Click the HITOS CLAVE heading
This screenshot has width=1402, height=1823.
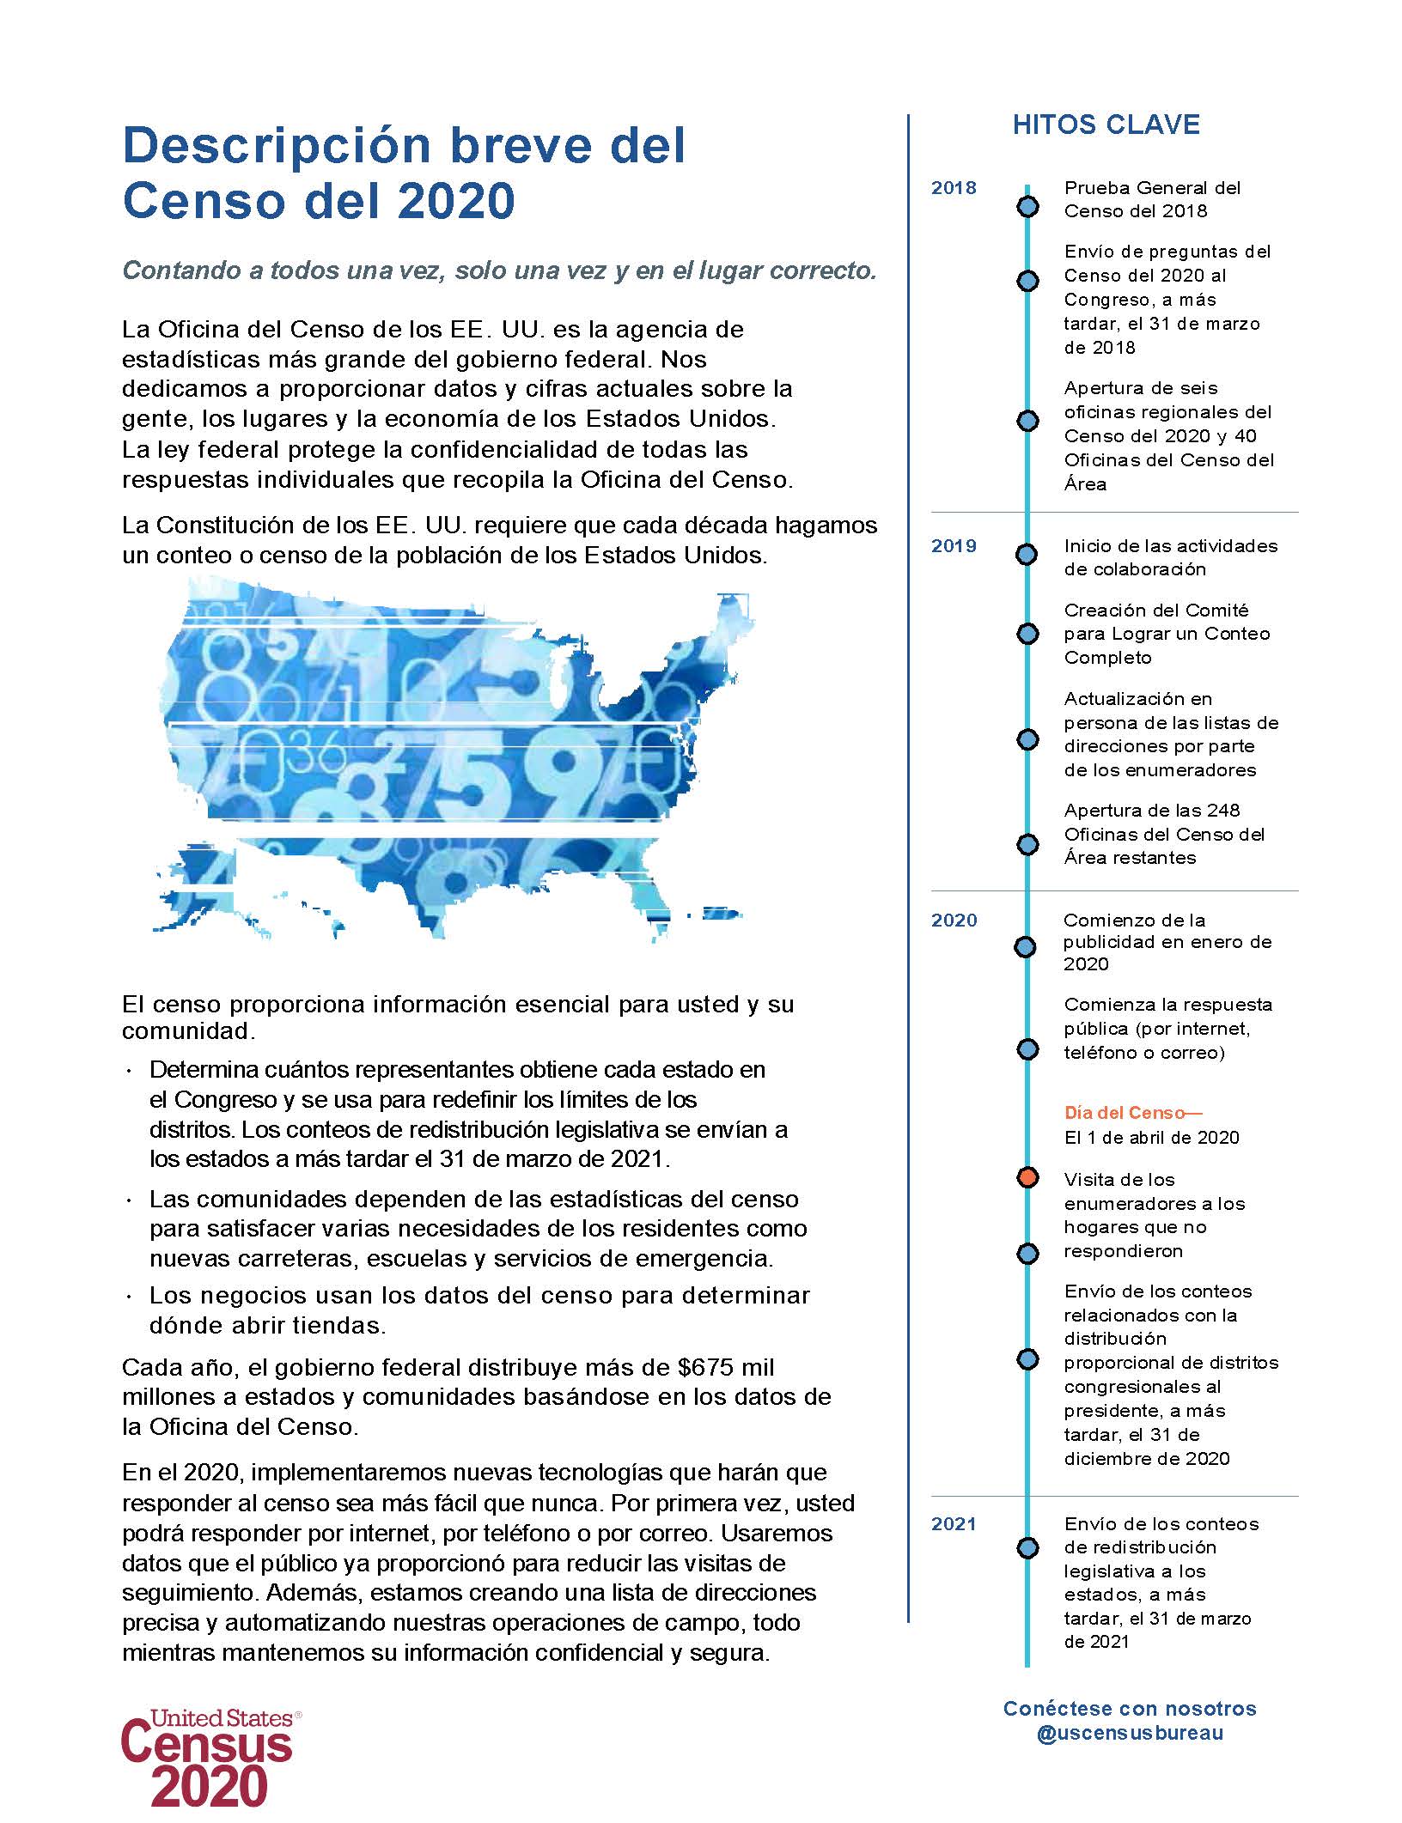point(1106,125)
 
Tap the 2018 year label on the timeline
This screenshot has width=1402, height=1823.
point(954,189)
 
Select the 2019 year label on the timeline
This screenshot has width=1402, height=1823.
point(954,546)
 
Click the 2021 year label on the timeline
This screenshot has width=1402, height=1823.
point(954,1524)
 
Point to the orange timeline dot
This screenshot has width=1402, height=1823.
point(1027,1177)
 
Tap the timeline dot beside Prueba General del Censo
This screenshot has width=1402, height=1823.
point(1027,207)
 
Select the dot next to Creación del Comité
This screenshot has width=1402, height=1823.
point(1027,634)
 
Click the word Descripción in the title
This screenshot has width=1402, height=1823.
point(278,146)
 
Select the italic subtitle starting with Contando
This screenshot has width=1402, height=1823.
point(499,270)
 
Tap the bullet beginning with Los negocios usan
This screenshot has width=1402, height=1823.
point(479,1310)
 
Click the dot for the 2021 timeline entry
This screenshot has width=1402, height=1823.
point(1027,1548)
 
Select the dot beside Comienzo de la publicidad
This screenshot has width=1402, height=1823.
point(1027,947)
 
